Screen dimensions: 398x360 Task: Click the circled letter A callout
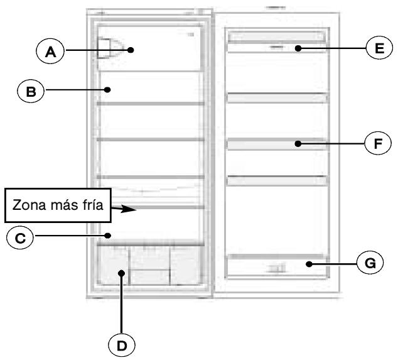click(x=50, y=51)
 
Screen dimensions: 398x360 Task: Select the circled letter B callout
click(x=31, y=91)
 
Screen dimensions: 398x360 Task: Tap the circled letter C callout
click(x=20, y=237)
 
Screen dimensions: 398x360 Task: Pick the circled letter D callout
click(x=122, y=346)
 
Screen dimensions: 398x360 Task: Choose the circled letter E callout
click(x=379, y=48)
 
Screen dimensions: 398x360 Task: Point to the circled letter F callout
click(x=378, y=143)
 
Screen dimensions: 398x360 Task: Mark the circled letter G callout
click(x=370, y=263)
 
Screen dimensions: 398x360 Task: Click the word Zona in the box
click(x=30, y=205)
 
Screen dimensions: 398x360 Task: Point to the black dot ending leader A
click(x=131, y=50)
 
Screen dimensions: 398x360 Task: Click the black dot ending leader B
click(x=107, y=90)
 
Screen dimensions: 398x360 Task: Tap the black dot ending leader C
click(x=107, y=236)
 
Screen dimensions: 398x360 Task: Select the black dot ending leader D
click(x=122, y=273)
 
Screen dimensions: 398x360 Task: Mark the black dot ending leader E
click(x=298, y=48)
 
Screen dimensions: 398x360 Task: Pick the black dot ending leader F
click(x=298, y=144)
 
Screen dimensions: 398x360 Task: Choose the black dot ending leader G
click(x=309, y=265)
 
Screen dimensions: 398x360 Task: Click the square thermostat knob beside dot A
click(x=104, y=48)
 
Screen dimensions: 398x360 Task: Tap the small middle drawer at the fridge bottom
click(x=149, y=277)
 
